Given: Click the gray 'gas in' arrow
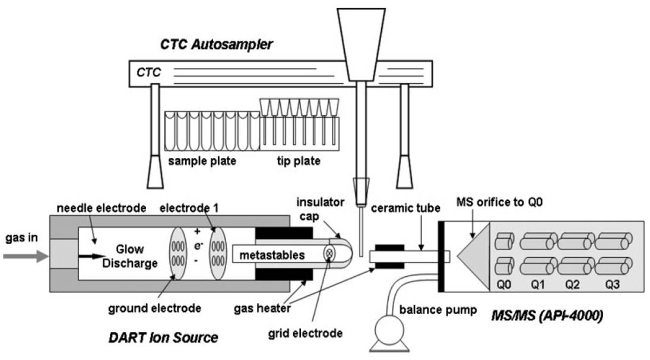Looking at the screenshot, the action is tap(26, 257).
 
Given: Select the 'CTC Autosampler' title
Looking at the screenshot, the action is tap(217, 45).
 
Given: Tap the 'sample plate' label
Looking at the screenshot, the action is tap(202, 161).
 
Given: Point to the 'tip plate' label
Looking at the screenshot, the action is tap(299, 161).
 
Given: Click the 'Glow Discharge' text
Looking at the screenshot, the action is tap(130, 256).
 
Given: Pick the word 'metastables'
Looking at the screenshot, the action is tap(272, 255).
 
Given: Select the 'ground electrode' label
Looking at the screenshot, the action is tap(154, 308).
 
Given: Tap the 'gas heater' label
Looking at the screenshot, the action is tap(262, 309).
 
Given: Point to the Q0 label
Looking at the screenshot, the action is tap(503, 285).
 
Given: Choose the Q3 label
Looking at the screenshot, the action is tap(612, 285).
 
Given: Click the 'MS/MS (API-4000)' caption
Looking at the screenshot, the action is tap(547, 316).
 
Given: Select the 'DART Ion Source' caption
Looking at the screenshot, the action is tap(163, 337).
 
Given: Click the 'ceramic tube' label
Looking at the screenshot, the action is tap(405, 208).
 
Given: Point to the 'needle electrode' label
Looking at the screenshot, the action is tap(102, 208).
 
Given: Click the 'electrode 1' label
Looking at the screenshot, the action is tap(189, 208).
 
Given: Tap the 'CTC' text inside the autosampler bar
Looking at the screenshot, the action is tap(148, 72).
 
